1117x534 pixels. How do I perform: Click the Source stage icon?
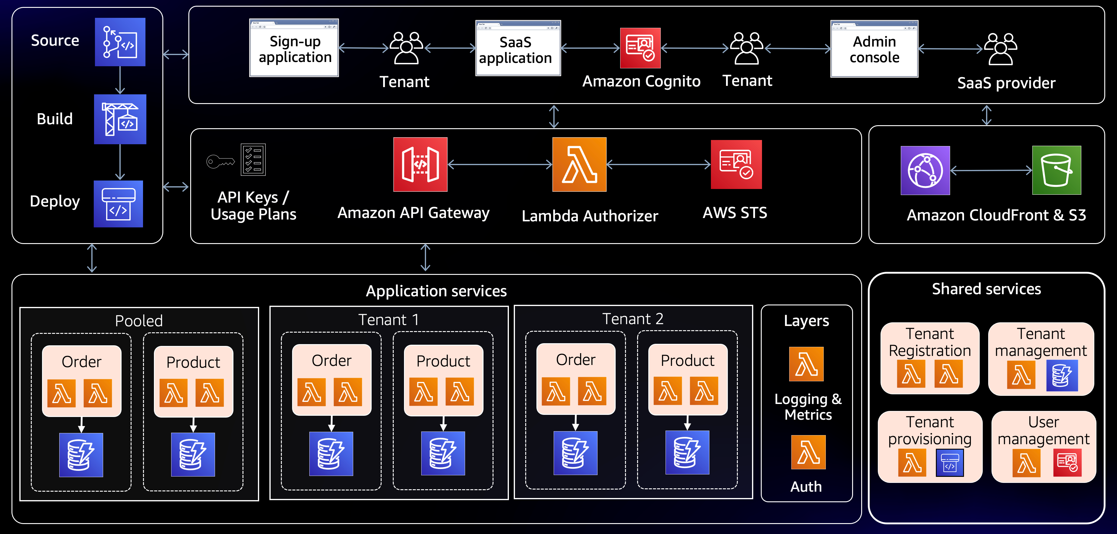(120, 42)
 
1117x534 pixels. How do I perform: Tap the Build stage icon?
(120, 119)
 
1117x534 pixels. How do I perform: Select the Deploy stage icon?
(118, 204)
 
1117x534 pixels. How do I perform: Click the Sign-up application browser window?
(294, 48)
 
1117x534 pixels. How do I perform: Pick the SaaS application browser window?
(518, 48)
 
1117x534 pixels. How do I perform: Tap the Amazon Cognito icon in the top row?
(640, 48)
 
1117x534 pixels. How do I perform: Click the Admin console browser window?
(874, 49)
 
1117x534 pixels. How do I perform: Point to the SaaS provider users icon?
(1000, 49)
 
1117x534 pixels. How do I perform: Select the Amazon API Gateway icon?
(420, 164)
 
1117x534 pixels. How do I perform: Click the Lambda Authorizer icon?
(579, 164)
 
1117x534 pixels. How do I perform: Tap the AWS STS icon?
(736, 164)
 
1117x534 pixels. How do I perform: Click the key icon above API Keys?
(220, 162)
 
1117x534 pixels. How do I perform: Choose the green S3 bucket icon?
(1057, 170)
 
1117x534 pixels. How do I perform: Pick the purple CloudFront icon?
(925, 170)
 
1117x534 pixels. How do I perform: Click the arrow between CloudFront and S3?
(991, 170)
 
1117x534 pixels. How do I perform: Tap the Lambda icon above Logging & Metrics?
(806, 364)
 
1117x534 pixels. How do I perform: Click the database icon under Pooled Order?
(81, 455)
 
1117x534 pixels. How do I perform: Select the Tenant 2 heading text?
(633, 319)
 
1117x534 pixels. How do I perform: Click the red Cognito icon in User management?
(1067, 462)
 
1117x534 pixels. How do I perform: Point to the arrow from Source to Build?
(120, 80)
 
